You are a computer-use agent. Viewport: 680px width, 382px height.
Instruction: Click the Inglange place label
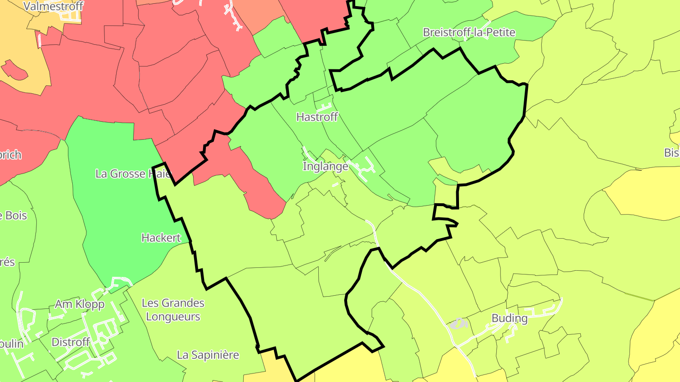325,166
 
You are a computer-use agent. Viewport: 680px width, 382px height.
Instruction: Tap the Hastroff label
317,117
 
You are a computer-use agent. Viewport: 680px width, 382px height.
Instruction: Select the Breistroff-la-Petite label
469,33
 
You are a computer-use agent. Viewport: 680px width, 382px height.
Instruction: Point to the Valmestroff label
53,6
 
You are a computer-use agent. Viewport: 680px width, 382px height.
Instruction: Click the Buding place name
510,318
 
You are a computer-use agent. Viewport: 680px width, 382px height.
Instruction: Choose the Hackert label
161,238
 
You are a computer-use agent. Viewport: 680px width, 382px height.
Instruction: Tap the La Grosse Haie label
133,174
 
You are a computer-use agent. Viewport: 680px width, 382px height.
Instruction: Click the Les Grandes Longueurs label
173,309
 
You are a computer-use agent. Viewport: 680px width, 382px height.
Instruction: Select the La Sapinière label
208,355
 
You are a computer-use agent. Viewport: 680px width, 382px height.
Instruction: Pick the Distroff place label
71,342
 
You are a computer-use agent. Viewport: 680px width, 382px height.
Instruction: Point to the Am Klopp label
80,304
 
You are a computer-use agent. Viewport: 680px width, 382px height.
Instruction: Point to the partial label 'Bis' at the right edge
672,153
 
